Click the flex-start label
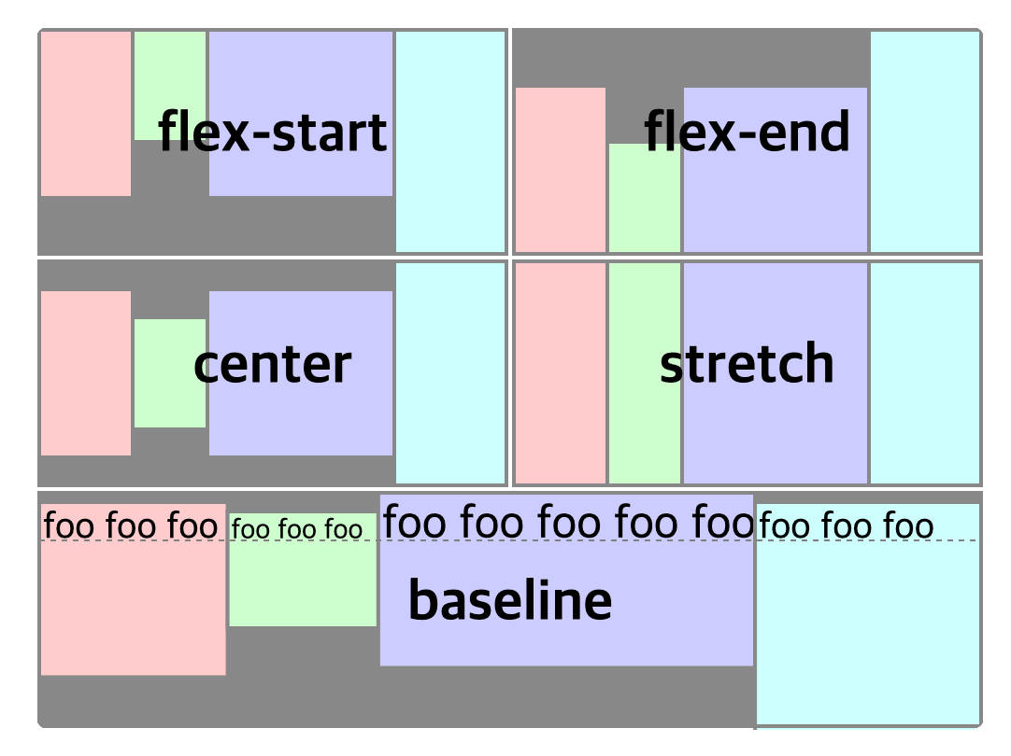(x=273, y=132)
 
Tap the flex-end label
(x=748, y=132)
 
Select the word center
(x=273, y=364)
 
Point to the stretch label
(x=748, y=364)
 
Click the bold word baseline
(x=510, y=600)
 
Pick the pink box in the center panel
(x=86, y=373)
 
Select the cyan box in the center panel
(x=450, y=373)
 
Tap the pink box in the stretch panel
(x=561, y=373)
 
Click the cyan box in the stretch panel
(x=925, y=373)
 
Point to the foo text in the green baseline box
(x=297, y=530)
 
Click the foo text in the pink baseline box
(x=130, y=526)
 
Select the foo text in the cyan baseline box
(x=846, y=527)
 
